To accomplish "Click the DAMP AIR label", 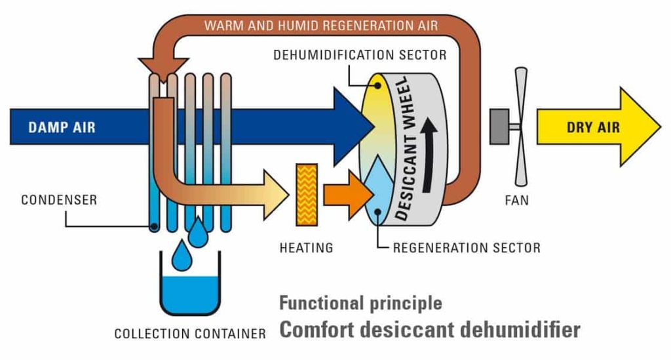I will [x=61, y=127].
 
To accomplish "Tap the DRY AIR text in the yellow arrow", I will [x=592, y=127].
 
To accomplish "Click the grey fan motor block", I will [x=501, y=125].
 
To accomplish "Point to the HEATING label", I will [x=306, y=248].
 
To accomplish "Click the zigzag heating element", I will [x=307, y=193].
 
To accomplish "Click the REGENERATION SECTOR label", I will [x=466, y=248].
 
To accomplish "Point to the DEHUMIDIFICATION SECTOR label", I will [x=360, y=55].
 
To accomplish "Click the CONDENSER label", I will [x=58, y=199].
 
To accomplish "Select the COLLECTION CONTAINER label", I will [x=190, y=334].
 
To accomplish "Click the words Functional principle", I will [x=360, y=304].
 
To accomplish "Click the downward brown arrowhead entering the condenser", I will [x=153, y=66].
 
